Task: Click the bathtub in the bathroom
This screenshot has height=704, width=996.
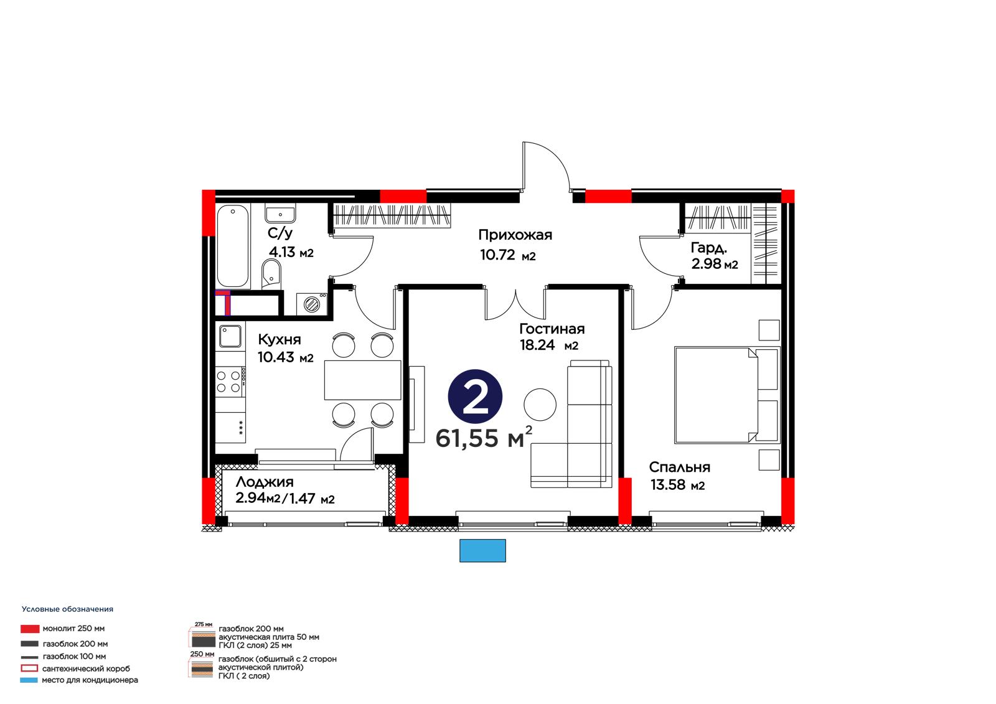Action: click(x=233, y=246)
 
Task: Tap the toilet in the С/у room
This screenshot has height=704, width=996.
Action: click(x=271, y=273)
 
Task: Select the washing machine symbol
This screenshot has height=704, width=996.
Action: click(x=312, y=304)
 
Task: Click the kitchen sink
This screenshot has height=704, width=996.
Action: click(x=230, y=336)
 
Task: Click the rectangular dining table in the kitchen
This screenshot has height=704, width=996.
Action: click(x=362, y=380)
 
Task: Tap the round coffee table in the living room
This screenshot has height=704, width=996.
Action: click(x=540, y=404)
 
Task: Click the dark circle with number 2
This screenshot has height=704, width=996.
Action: click(x=475, y=397)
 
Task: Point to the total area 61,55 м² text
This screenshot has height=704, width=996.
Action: click(x=484, y=437)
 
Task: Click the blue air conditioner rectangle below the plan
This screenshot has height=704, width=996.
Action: click(x=482, y=551)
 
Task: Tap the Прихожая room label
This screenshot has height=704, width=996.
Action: click(x=515, y=235)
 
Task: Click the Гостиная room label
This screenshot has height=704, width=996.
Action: click(x=552, y=329)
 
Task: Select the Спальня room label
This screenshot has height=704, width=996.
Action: click(x=679, y=467)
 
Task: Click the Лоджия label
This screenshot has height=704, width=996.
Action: click(x=265, y=482)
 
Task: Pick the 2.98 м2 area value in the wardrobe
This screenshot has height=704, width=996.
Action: click(x=715, y=264)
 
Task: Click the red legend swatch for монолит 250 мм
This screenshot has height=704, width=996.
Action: click(x=30, y=629)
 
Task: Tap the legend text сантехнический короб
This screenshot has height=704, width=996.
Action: click(x=86, y=669)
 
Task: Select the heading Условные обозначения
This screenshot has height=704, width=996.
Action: click(x=68, y=609)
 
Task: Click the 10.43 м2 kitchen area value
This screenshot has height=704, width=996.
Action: click(x=286, y=357)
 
